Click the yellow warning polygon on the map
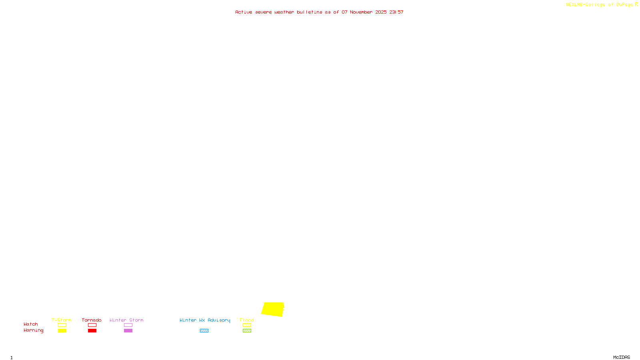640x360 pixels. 273,309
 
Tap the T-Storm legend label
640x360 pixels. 62,320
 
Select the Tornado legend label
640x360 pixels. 92,320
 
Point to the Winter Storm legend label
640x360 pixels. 126,320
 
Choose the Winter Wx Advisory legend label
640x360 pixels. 205,320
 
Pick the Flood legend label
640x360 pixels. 247,320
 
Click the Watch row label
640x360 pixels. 31,324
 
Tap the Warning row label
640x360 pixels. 34,330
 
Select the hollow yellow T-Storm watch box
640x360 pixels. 62,325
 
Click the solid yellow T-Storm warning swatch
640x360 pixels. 62,331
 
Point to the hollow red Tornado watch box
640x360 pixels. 92,325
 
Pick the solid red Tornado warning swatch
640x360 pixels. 92,331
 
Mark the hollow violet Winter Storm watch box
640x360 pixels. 128,325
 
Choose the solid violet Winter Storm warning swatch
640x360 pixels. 128,331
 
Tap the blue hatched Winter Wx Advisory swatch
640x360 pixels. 204,331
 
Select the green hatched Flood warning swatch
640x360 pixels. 247,331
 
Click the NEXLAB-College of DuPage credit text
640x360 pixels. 600,5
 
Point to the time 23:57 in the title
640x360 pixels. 396,12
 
